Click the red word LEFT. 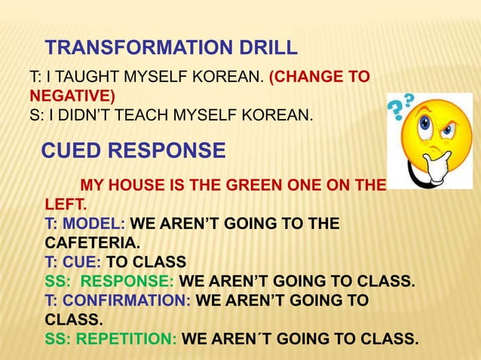click(x=66, y=204)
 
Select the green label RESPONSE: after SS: click(x=127, y=282)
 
